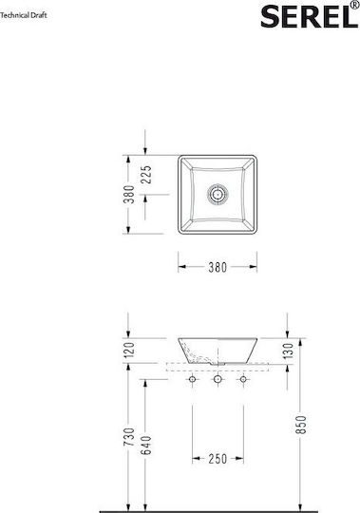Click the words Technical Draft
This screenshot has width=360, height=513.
coord(24,15)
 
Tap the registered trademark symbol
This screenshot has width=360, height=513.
coord(354,5)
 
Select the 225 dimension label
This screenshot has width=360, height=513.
coord(148,175)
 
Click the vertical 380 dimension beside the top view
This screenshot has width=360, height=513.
coord(129,195)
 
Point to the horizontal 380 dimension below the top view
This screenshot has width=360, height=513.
coord(218,267)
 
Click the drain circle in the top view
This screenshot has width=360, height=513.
coord(218,195)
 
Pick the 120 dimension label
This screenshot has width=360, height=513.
coord(129,350)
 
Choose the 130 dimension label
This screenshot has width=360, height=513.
coord(289,351)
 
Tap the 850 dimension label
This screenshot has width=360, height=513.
coord(301,425)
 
